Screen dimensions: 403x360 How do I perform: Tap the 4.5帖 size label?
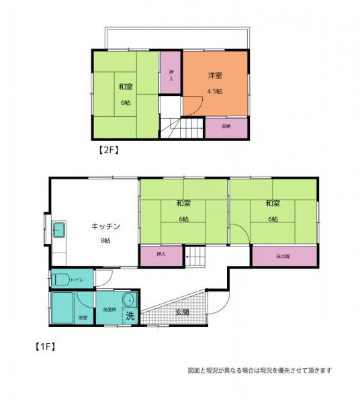(x=216, y=91)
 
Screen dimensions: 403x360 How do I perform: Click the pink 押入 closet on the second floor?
(x=171, y=75)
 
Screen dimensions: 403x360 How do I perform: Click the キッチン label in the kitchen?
(x=106, y=227)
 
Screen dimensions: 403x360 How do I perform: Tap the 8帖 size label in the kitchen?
(x=106, y=240)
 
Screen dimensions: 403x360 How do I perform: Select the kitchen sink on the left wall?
(x=58, y=230)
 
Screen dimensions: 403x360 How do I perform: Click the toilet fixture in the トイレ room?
(x=60, y=279)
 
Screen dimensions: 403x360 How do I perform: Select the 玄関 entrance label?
(x=182, y=312)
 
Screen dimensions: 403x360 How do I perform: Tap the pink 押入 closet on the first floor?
(x=161, y=255)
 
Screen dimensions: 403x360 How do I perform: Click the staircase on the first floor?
(x=195, y=255)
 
